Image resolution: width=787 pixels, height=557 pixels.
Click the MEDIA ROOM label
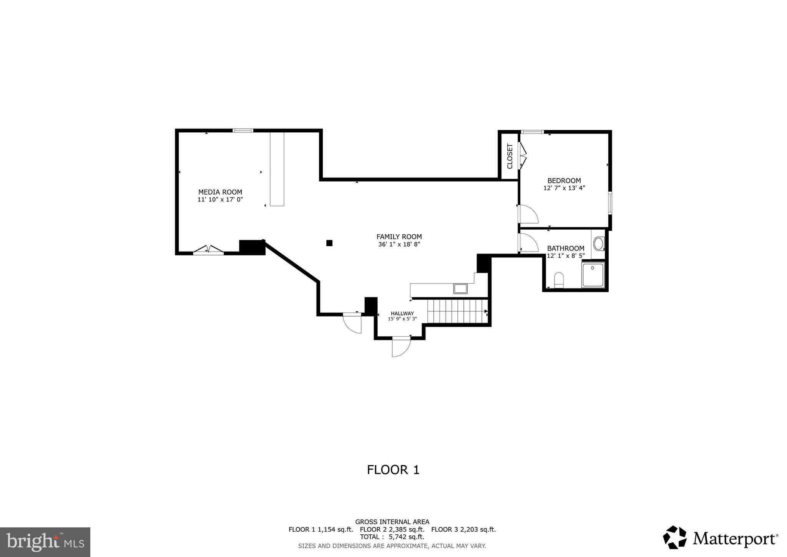pos(220,192)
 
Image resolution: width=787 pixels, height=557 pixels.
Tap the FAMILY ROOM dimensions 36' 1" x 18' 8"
pos(399,244)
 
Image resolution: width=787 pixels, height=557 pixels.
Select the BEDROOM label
pos(564,180)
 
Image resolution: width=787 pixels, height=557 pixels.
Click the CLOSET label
pos(510,156)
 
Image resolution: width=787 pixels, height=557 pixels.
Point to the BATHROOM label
pos(565,248)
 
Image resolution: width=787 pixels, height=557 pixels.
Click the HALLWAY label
pos(402,314)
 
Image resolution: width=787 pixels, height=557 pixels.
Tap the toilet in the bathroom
pos(559,280)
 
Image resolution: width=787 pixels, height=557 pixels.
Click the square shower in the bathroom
pos(593,274)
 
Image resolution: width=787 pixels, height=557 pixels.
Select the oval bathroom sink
pos(598,243)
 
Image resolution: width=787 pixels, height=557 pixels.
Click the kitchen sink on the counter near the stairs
pos(460,288)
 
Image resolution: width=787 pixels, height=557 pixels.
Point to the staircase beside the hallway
pos(457,311)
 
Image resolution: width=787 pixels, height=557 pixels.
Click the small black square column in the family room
pos(329,243)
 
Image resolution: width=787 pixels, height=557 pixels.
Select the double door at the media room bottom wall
pos(208,250)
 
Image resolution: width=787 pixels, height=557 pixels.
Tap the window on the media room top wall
pos(243,130)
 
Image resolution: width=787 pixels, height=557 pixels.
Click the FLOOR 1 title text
pos(393,470)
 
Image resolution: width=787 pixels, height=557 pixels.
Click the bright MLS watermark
pos(45,542)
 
